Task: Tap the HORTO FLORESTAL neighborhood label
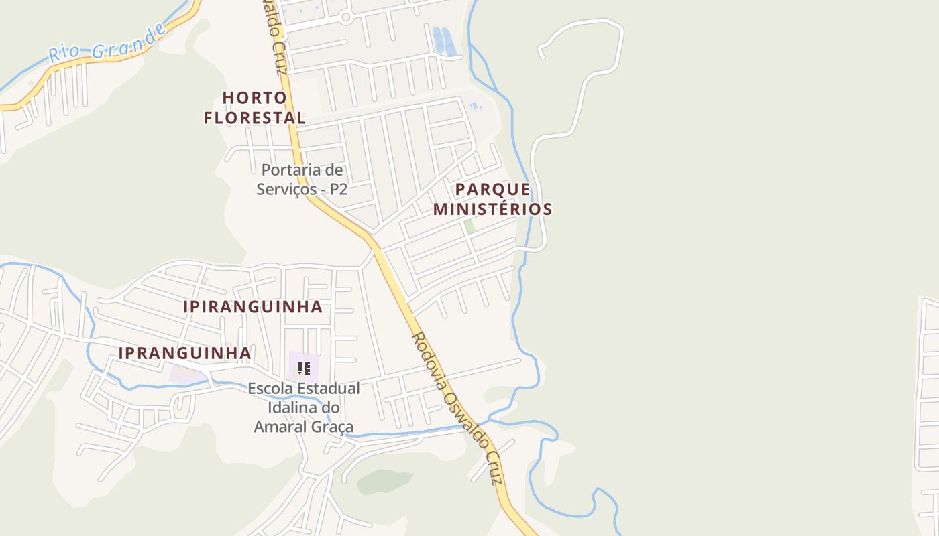(254, 108)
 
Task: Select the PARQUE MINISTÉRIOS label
(492, 199)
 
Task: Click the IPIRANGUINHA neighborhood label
(253, 307)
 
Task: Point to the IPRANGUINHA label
(184, 353)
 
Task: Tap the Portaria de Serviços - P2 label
(302, 180)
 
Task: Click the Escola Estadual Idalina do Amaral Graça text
(303, 407)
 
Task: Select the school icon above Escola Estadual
(303, 368)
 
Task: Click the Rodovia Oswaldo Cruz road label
(456, 408)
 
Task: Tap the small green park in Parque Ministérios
(469, 226)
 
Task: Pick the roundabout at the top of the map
(345, 17)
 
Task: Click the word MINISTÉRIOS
(492, 209)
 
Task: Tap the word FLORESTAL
(254, 118)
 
